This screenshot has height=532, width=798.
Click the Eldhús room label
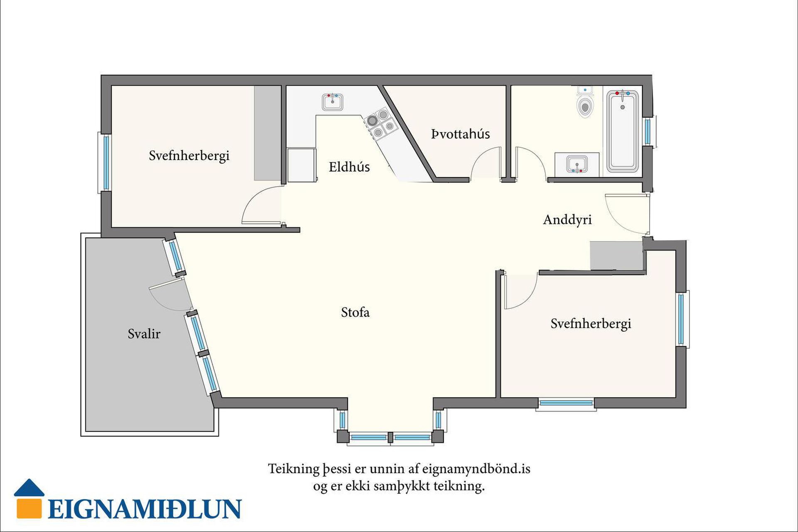[349, 167]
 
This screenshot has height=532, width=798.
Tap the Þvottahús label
[461, 134]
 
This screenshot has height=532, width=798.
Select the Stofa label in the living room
[355, 312]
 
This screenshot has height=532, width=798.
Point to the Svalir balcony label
[144, 334]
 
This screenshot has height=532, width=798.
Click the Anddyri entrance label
[567, 219]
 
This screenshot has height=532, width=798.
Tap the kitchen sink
[332, 102]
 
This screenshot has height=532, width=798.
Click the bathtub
[622, 131]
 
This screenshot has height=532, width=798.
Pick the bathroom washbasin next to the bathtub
[577, 164]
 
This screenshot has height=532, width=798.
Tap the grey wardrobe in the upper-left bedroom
[267, 133]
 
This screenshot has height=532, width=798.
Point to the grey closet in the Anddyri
[616, 255]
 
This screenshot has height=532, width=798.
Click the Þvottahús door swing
[485, 164]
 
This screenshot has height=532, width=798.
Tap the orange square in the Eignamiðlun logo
[29, 508]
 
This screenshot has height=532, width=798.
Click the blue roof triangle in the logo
[29, 489]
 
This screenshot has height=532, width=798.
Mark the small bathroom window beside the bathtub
[648, 131]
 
